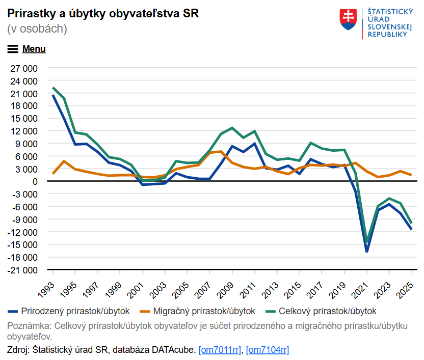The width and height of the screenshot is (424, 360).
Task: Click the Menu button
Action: (26, 49)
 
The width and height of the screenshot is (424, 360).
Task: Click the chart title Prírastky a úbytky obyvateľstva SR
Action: (103, 14)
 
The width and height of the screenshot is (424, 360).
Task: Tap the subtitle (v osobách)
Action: (37, 29)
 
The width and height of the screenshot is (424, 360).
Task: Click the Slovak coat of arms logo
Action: (349, 20)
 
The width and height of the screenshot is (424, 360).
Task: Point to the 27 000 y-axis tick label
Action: (23, 68)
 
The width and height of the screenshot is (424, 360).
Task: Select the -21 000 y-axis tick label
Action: (22, 270)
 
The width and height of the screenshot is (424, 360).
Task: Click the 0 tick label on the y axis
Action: (35, 181)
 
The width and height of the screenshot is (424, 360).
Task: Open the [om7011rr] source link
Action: (220, 350)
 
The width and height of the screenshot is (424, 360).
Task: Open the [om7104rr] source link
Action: (268, 350)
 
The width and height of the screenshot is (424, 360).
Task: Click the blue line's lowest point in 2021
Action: (367, 252)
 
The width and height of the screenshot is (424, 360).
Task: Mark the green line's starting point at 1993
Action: (53, 88)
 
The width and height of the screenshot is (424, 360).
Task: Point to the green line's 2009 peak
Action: (232, 128)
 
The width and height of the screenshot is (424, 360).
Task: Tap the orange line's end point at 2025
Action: (412, 175)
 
